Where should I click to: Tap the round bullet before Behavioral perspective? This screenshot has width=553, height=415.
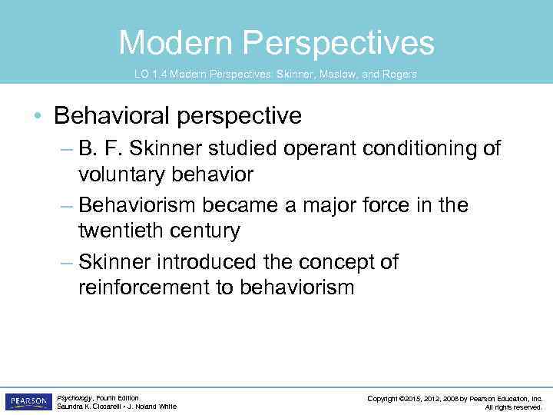[38, 117]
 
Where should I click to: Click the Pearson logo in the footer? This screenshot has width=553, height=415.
[28, 402]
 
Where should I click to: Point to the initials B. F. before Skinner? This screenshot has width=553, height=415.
[98, 148]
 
